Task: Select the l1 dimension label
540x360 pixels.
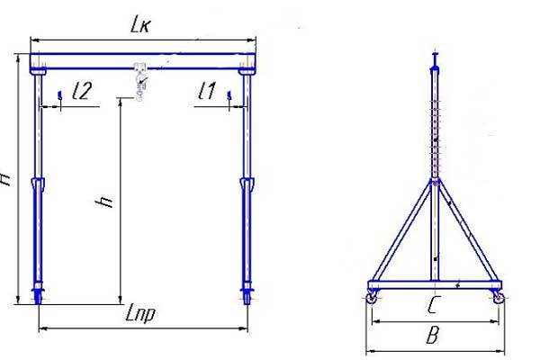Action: click(206, 91)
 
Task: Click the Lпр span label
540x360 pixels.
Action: click(141, 316)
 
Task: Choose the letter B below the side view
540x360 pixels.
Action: click(432, 337)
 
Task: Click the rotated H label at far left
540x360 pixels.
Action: click(6, 176)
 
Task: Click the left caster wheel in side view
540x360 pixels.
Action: click(372, 295)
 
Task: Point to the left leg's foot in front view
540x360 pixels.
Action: click(39, 294)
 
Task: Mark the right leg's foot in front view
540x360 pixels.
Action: click(247, 294)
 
